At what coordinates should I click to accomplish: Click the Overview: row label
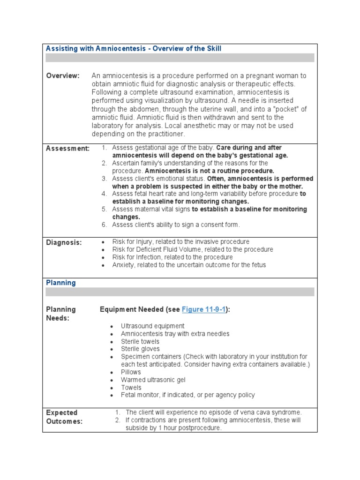tap(63, 76)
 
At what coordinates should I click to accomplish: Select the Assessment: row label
tap(67, 149)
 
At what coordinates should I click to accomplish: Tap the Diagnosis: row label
tap(64, 242)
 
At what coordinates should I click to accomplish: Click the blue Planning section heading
tap(60, 283)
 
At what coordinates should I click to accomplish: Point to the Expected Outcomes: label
tap(64, 417)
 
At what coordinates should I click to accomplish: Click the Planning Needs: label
tap(61, 314)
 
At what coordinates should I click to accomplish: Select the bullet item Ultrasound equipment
tap(152, 326)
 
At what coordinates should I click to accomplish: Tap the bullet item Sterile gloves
tap(140, 349)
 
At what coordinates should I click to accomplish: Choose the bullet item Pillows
tap(131, 372)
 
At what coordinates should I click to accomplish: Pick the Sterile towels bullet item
tap(140, 341)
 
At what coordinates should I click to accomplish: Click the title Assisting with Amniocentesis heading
tap(133, 49)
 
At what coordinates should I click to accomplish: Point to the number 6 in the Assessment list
tap(104, 225)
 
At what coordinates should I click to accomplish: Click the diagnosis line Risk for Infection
tap(172, 257)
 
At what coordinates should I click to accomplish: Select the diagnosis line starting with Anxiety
tap(188, 265)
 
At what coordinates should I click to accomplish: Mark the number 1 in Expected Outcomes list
tap(118, 412)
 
